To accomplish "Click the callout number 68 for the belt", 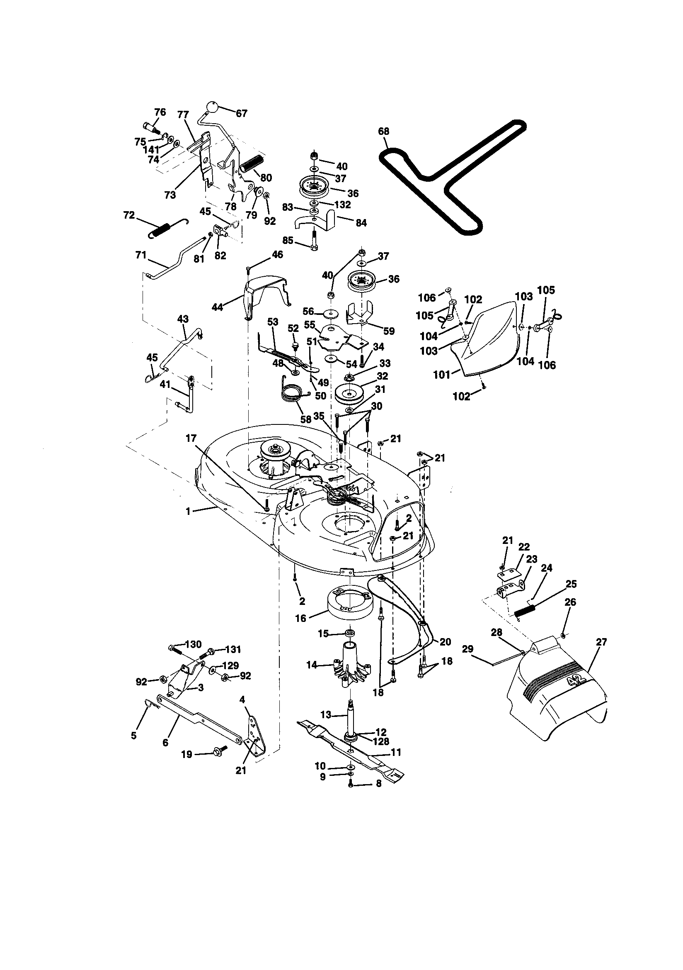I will [x=383, y=132].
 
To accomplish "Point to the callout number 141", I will [x=151, y=149].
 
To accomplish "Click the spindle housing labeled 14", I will [x=351, y=670].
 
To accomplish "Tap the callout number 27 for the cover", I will [x=601, y=642].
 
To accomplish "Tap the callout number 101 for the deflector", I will [x=441, y=375].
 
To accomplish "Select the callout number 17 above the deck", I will [x=191, y=439].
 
